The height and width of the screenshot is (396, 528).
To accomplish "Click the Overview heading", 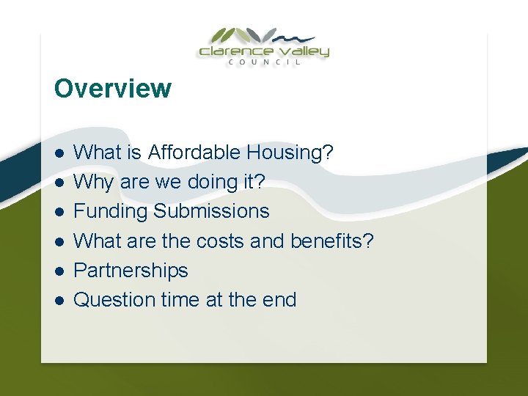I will [112, 89].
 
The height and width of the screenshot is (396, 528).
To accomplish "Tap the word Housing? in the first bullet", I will [290, 153].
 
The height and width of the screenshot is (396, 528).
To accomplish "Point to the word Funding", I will [111, 212].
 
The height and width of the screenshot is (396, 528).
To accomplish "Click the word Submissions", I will [211, 212].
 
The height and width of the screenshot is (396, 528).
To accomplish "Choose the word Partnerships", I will [131, 271].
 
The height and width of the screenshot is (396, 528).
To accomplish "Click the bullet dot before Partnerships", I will [59, 271].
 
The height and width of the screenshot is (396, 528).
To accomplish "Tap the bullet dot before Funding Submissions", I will [59, 212].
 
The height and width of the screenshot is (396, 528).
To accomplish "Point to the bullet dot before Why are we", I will [59, 182].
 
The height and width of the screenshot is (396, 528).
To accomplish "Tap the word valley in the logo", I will [303, 51].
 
